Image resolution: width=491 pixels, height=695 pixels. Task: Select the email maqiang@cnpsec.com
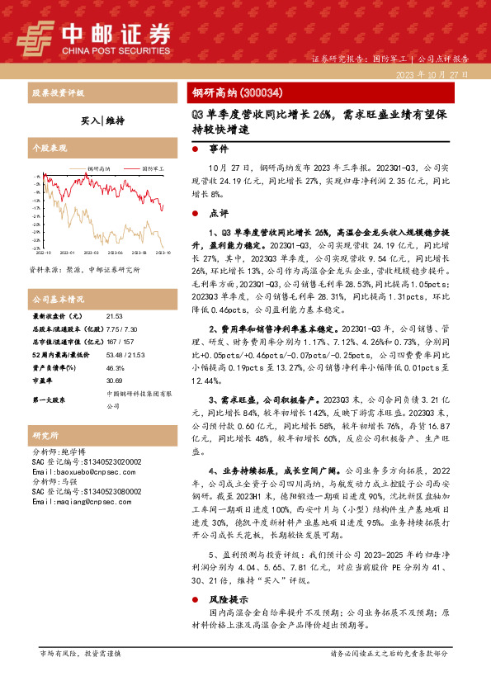coord(75,501)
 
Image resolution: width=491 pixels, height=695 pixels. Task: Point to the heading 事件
coord(219,149)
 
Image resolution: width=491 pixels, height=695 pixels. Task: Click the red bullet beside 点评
coord(194,212)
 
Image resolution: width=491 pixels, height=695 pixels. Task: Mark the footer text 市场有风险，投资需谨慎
coord(80,654)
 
